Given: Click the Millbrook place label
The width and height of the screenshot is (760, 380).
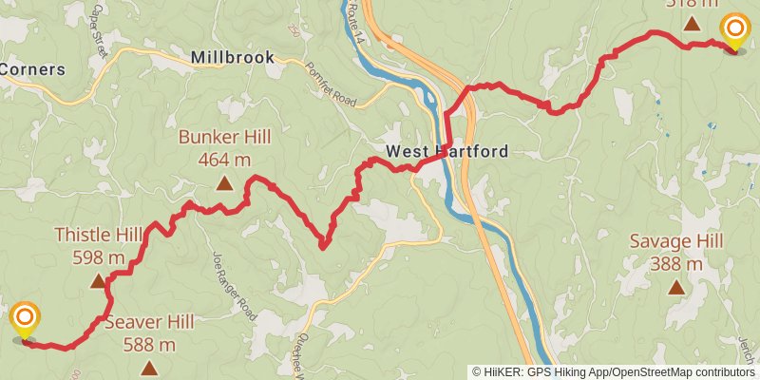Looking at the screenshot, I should pos(233,57).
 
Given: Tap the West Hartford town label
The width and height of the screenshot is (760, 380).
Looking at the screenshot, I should pos(446,151).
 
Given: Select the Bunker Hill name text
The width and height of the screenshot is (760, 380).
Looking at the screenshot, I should pos(224,137).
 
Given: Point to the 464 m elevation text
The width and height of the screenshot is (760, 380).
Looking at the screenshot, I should pos(224,160).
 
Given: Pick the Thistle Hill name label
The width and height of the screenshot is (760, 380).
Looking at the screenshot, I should pos(98,235).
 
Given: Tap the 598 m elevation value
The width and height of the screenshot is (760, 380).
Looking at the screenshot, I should pos(98,256).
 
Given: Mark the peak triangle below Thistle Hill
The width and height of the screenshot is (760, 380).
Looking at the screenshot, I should pos(98,281).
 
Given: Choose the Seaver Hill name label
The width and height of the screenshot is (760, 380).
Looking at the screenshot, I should pos(149,322).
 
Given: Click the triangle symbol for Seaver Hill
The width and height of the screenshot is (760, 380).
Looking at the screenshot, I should pos(149,368).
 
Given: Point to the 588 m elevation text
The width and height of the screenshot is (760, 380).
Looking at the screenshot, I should pos(149,344).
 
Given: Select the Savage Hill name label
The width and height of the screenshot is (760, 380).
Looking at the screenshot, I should pos(676,241).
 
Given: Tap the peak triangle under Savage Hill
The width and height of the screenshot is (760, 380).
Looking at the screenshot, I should pos(676,287).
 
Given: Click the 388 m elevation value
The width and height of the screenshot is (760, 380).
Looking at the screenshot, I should pos(676,263).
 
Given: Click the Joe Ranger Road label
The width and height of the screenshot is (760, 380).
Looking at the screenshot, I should pos(234,284).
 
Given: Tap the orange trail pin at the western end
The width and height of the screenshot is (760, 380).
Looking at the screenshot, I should pos(26,319).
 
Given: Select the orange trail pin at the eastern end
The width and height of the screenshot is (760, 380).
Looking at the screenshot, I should pos(734,30).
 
